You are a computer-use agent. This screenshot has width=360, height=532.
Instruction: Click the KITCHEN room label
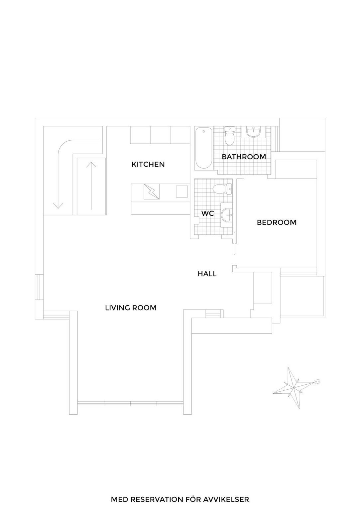[x=148, y=164]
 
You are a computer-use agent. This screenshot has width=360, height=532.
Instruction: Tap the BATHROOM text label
[x=244, y=157]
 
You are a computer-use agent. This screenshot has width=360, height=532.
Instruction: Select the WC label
[x=207, y=213]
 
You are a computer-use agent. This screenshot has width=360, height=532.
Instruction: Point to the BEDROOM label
[x=277, y=222]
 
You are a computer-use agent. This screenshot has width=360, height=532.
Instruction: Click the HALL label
[x=207, y=274]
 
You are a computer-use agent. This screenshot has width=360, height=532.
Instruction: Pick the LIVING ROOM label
[x=131, y=308]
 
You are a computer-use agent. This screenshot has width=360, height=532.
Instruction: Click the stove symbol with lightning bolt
[x=152, y=192]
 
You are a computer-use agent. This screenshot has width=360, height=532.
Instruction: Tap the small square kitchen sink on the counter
[x=181, y=192]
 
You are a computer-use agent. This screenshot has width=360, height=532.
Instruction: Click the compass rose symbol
[x=295, y=388]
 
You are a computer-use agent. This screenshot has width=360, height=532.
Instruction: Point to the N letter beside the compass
[x=317, y=381]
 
